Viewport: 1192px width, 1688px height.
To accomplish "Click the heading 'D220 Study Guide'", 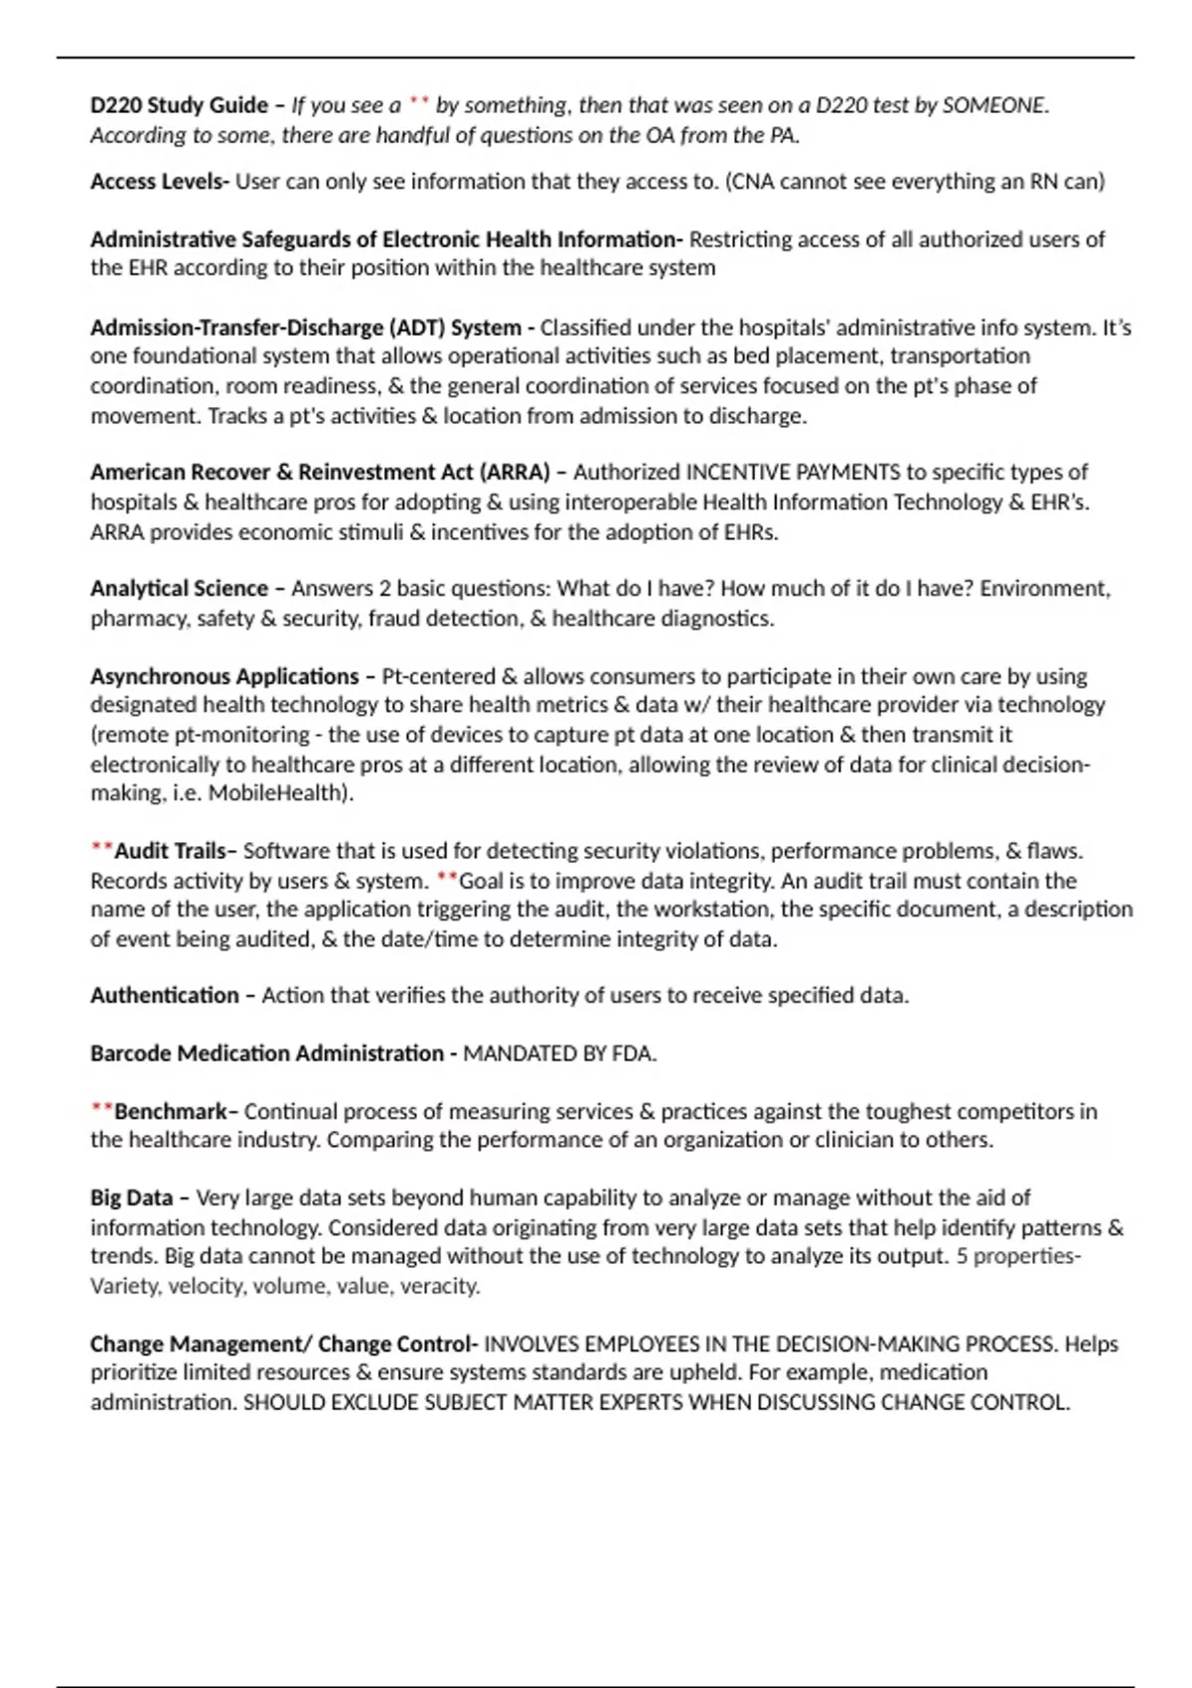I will tap(179, 105).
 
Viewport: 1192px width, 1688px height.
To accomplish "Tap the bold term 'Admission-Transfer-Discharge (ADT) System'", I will tap(306, 328).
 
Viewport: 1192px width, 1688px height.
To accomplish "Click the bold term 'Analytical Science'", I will tap(179, 589).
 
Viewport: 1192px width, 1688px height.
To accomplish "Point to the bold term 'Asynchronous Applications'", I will tap(224, 677).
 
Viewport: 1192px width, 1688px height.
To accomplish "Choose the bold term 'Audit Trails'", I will tap(171, 851).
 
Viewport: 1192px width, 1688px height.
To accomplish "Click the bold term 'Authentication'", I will tap(165, 996).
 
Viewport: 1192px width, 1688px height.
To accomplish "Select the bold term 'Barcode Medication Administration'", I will tap(266, 1054).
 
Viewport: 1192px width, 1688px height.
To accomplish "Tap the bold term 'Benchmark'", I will tap(171, 1112).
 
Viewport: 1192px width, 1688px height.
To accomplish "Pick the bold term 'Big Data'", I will tap(131, 1198).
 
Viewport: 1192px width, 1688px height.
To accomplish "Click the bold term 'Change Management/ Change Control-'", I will tap(284, 1344).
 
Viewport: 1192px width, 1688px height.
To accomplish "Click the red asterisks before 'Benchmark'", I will tap(101, 1109).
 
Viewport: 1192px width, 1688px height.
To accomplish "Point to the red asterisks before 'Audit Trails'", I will tap(101, 849).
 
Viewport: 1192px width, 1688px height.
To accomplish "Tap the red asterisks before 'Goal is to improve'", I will tap(447, 879).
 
